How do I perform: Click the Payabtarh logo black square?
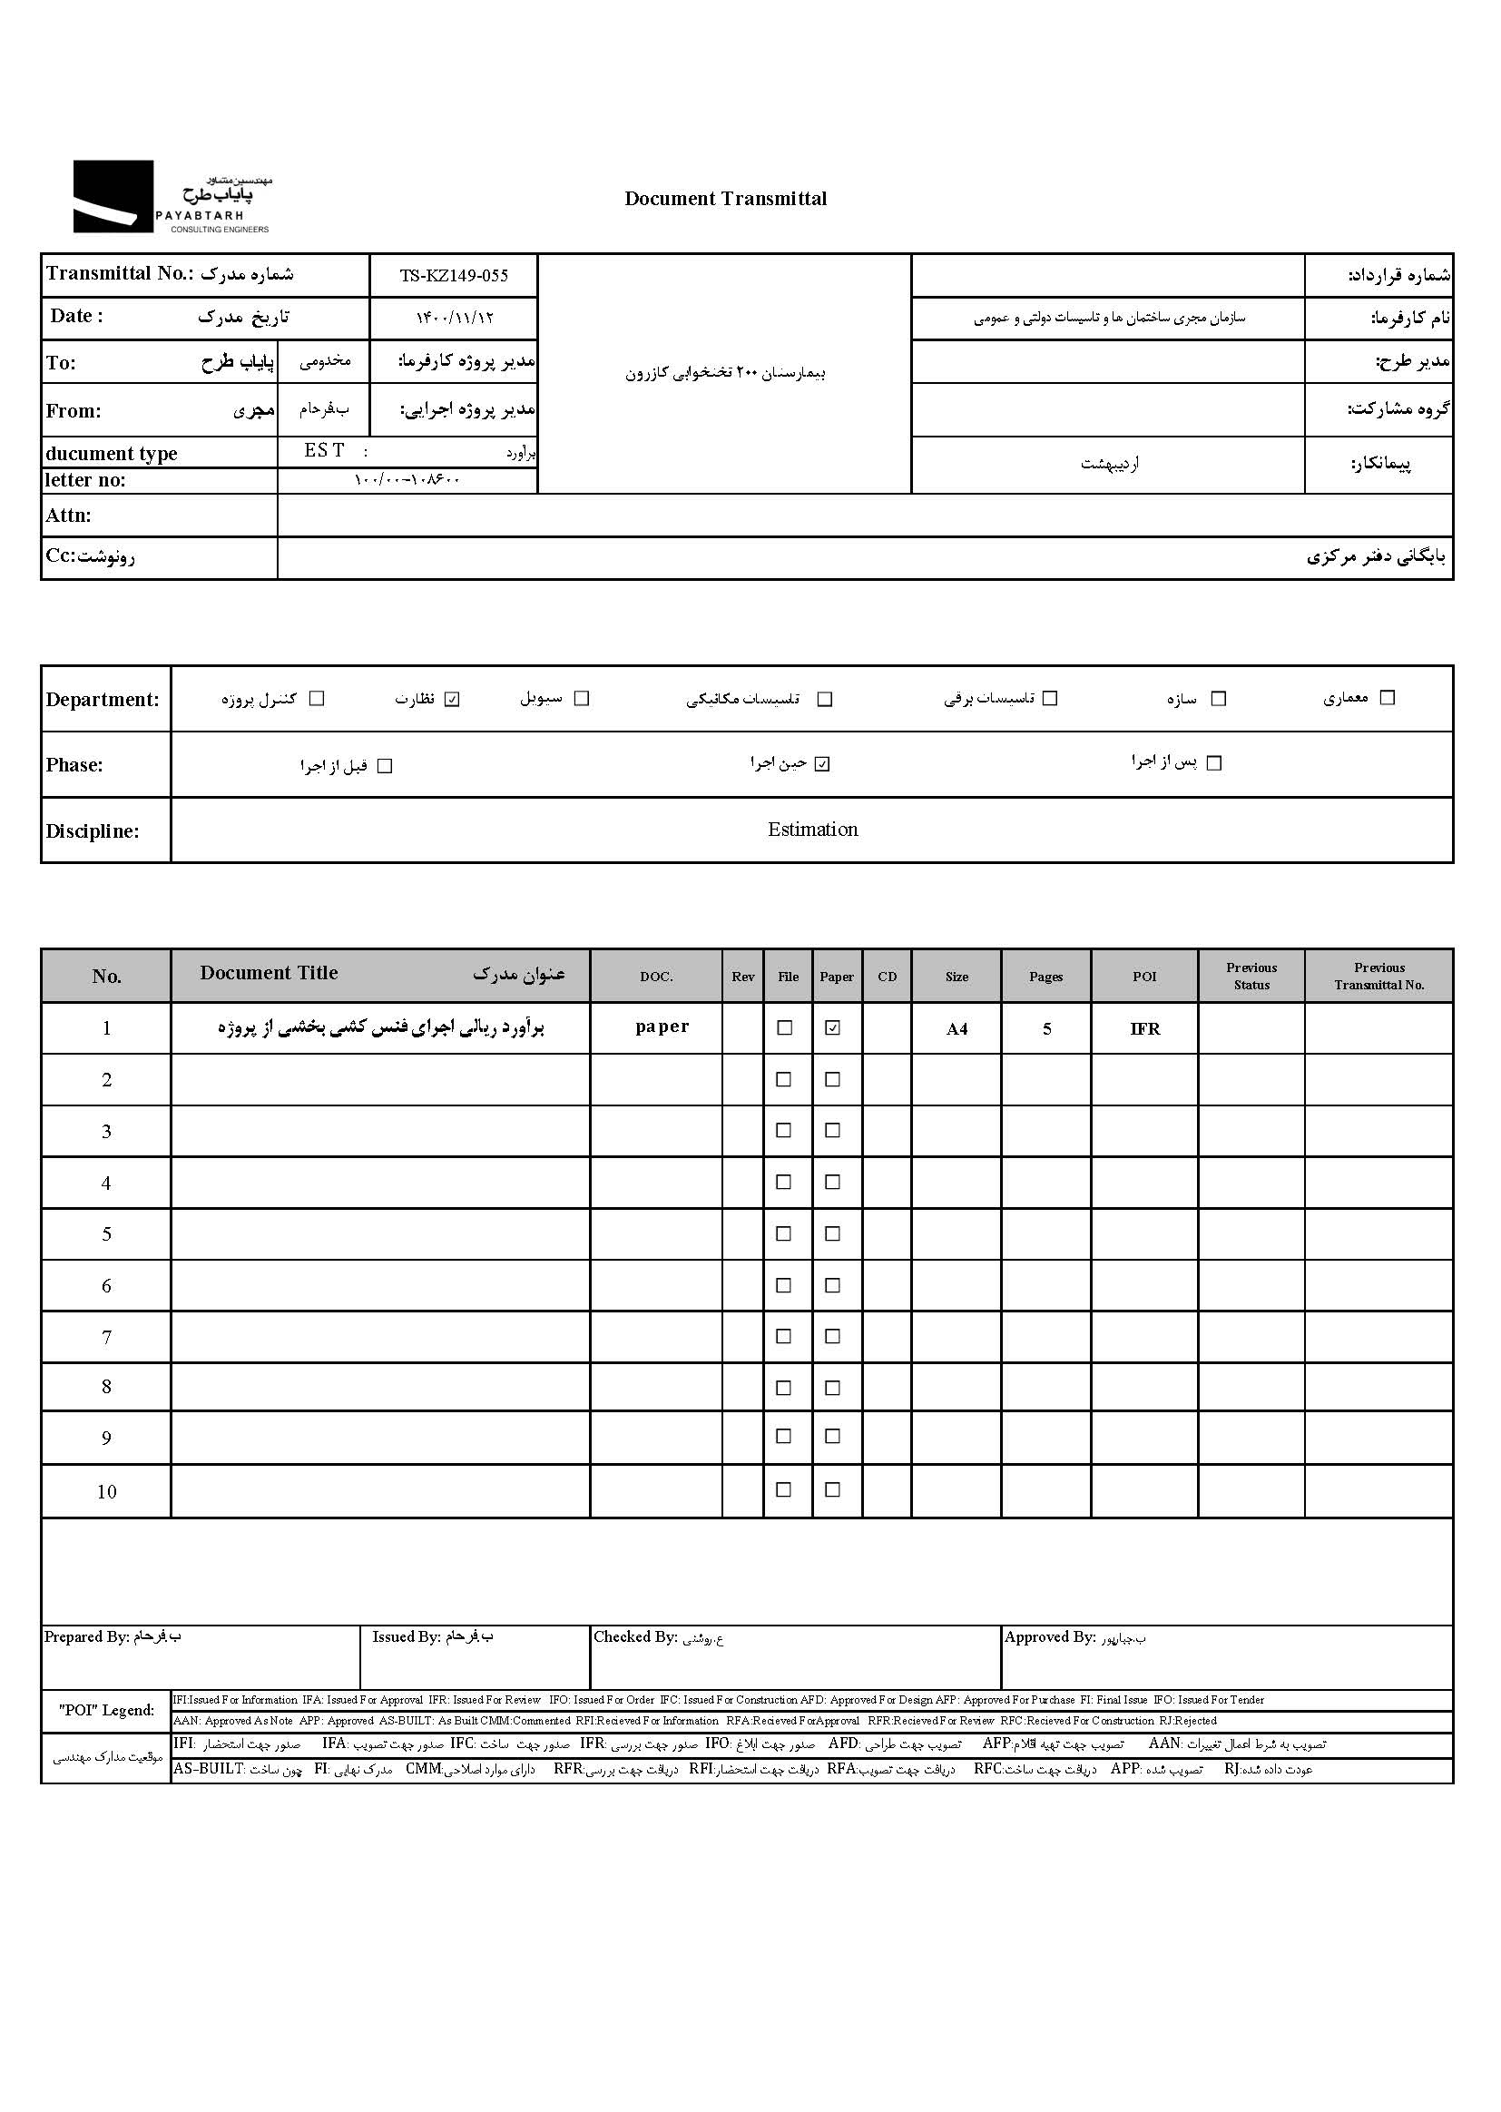point(113,196)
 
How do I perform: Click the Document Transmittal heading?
point(726,199)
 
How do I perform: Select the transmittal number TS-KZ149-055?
point(454,275)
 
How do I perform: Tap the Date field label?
point(77,316)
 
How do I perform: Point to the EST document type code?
point(324,450)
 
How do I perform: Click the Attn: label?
point(68,516)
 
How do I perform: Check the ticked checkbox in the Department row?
point(452,699)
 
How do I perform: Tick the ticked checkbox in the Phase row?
point(822,764)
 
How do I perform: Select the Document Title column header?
point(269,973)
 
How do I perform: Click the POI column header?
point(1144,977)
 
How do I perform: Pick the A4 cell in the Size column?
point(957,1028)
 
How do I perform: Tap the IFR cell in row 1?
point(1144,1028)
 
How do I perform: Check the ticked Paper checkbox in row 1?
point(833,1027)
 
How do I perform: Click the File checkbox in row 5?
point(784,1234)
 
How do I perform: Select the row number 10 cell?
point(106,1492)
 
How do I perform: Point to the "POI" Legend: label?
point(106,1710)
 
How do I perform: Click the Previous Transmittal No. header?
point(1379,976)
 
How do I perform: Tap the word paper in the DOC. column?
point(662,1027)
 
